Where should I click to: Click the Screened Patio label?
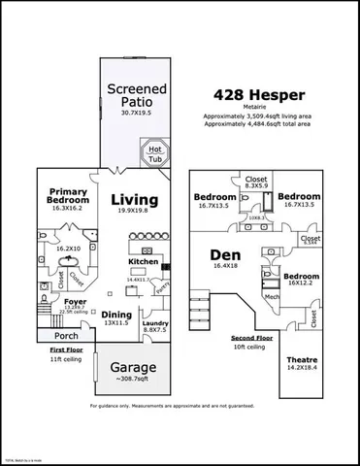coord(137,97)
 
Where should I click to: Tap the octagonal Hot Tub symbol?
coord(155,153)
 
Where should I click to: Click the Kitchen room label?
coord(144,261)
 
